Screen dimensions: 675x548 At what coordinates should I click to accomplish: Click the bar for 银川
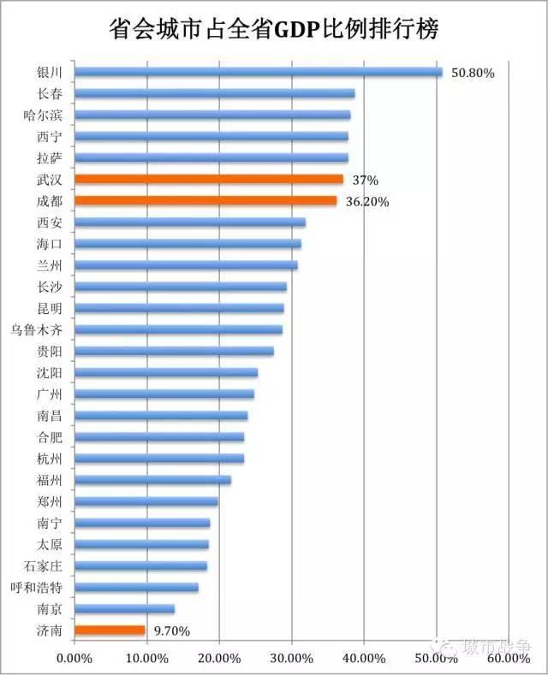(x=257, y=72)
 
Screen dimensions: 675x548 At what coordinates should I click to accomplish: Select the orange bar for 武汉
(x=208, y=180)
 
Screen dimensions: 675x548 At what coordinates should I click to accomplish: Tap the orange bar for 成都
(x=205, y=201)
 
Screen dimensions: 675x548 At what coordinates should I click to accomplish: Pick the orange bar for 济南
(x=110, y=631)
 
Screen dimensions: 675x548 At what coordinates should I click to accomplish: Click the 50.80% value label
(x=474, y=73)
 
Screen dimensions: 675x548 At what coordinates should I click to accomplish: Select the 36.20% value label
(x=368, y=202)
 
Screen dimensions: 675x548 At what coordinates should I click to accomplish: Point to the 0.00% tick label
(x=74, y=658)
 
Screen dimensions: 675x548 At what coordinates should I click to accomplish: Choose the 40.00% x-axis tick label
(x=364, y=658)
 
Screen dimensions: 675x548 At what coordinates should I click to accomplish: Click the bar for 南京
(x=124, y=609)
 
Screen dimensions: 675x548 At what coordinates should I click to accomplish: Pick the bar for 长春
(x=214, y=93)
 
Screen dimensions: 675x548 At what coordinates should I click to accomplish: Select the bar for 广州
(x=164, y=394)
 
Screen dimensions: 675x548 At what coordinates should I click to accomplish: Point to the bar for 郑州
(x=146, y=501)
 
